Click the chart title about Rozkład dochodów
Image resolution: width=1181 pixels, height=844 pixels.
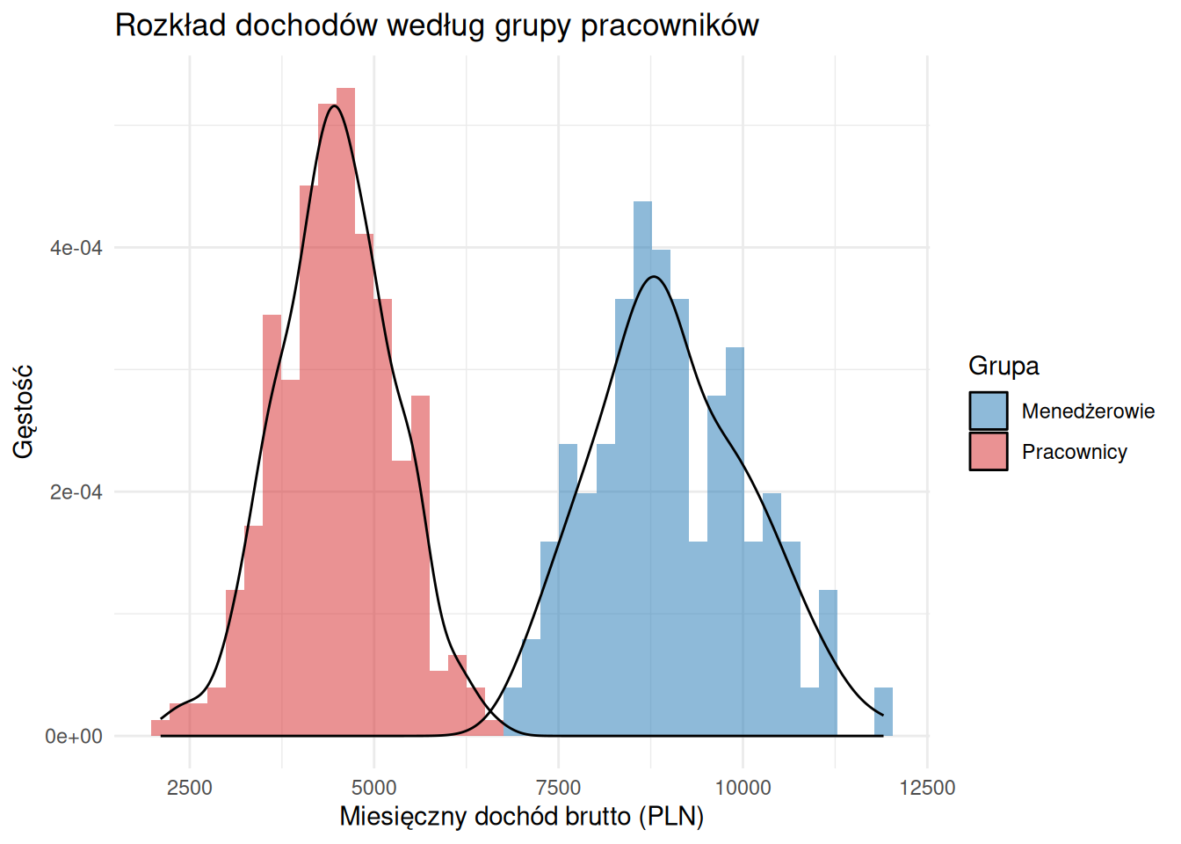coord(437,25)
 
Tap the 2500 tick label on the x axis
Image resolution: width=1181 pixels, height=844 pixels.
coord(190,787)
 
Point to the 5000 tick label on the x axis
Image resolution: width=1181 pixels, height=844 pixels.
coord(374,787)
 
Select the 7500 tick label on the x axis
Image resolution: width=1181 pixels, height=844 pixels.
coord(559,787)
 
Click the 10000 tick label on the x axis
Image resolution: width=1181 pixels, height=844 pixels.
coord(743,787)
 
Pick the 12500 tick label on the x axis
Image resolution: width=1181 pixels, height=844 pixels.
coord(927,787)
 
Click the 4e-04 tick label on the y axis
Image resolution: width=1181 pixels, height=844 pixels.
coord(76,248)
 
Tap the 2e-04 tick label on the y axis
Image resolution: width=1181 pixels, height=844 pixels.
coord(76,492)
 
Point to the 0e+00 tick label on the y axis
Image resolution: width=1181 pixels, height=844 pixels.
coord(75,736)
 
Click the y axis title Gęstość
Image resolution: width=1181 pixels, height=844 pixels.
coord(24,411)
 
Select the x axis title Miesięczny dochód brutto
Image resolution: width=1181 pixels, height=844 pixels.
coord(522,817)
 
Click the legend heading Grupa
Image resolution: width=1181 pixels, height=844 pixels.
coord(1003,366)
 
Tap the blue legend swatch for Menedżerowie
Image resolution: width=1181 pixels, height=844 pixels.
coord(989,411)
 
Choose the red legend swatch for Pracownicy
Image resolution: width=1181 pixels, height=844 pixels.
coord(989,451)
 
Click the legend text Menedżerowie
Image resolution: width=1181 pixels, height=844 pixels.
coord(1088,411)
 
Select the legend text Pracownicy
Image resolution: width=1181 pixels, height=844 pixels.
coord(1074,452)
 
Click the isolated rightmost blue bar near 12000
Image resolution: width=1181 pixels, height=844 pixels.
coord(883,711)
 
